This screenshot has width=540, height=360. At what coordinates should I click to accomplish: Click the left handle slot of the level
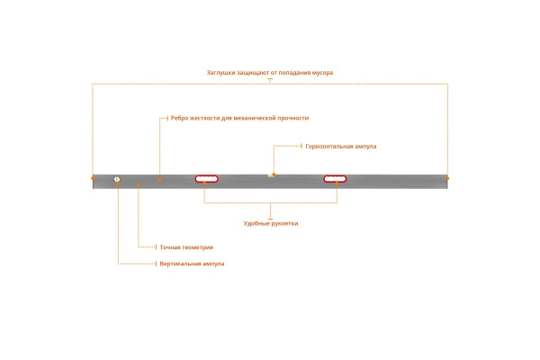pos(207,179)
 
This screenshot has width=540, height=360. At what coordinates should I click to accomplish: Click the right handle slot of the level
pos(336,179)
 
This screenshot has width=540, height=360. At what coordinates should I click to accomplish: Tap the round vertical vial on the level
pos(117,180)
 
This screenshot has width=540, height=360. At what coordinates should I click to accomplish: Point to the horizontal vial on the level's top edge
pos(273,175)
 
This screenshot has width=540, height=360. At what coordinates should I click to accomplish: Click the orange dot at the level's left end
pos(93,178)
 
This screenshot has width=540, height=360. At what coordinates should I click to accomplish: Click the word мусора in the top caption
pos(319,72)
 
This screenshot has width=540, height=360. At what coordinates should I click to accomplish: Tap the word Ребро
pos(180,118)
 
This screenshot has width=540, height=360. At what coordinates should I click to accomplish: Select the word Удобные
pos(257,223)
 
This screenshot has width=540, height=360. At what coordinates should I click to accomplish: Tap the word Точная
pos(171,247)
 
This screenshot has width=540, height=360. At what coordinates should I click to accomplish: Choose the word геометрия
pos(200,247)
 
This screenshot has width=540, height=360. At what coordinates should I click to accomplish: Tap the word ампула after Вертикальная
pos(213,264)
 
